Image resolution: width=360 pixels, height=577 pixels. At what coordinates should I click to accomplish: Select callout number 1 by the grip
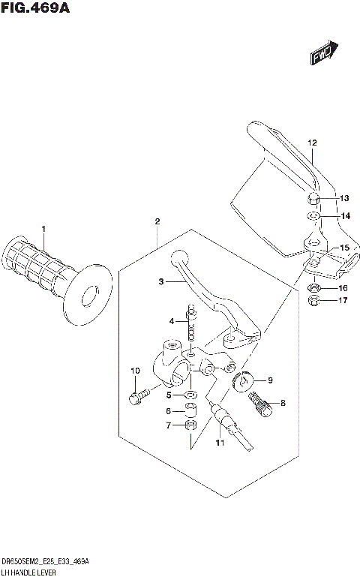click(43, 229)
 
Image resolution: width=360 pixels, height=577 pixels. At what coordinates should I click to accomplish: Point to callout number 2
click(157, 221)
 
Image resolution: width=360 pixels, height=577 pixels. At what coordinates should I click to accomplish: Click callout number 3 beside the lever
click(161, 282)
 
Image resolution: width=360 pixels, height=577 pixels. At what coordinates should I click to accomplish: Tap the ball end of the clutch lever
click(178, 257)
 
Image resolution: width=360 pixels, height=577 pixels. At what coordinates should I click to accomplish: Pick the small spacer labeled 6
click(191, 410)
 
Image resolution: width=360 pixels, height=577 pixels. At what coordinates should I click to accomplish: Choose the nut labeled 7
click(191, 426)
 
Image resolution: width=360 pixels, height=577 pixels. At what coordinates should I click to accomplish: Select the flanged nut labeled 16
click(316, 288)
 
